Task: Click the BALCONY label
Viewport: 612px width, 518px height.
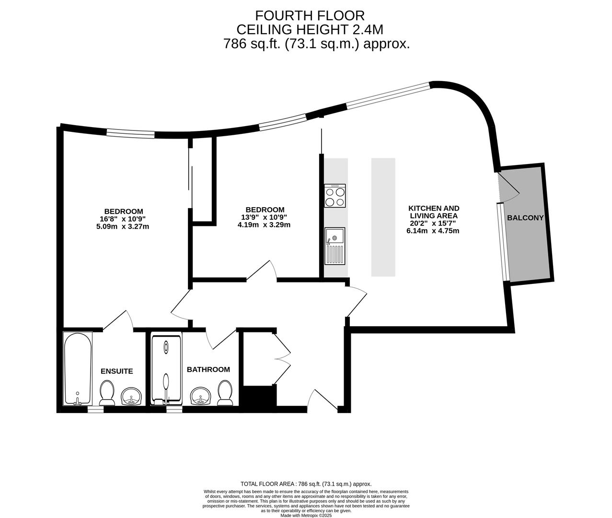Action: point(525,217)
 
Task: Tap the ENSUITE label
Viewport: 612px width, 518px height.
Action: point(116,371)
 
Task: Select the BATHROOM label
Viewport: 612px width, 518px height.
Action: point(208,369)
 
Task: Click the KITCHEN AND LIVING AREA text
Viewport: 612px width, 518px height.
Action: point(434,212)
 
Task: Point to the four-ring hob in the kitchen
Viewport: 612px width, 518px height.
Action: point(335,196)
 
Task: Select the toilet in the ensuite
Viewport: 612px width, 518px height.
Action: point(106,393)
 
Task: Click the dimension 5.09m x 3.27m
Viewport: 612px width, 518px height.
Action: point(123,226)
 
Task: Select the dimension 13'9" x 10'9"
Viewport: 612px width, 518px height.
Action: point(264,217)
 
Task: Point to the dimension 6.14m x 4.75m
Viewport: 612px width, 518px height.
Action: point(433,231)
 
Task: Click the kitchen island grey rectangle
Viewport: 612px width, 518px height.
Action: point(383,217)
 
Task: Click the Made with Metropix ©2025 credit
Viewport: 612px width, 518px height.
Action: point(306,515)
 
